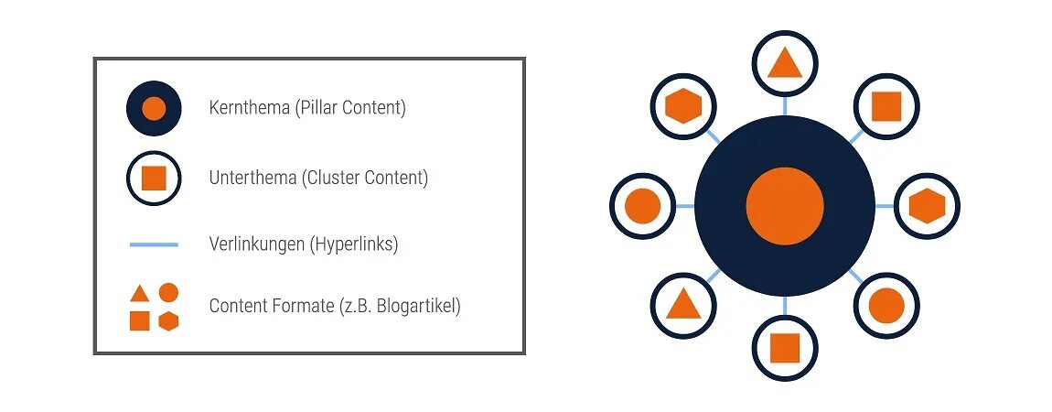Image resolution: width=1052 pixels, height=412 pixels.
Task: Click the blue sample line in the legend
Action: pos(154,244)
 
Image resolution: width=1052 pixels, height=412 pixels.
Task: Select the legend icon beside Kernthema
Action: pos(154,108)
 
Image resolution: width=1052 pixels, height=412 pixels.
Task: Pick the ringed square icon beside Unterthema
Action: pos(154,178)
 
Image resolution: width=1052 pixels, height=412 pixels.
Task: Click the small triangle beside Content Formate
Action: pos(139,294)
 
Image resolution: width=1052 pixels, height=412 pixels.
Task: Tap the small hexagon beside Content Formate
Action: pos(168,320)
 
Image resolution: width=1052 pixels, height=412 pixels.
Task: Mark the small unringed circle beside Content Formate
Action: pos(168,293)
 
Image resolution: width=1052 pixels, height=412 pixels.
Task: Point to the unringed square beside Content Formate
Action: pos(139,320)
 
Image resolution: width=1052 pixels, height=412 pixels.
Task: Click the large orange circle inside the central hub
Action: pos(785,206)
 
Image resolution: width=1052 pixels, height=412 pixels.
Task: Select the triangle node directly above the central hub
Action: pos(785,63)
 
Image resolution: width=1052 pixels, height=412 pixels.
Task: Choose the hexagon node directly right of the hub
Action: pos(927,206)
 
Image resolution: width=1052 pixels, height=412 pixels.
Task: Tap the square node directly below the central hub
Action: pos(785,348)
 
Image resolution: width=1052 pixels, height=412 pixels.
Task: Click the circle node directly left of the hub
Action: pos(642,206)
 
